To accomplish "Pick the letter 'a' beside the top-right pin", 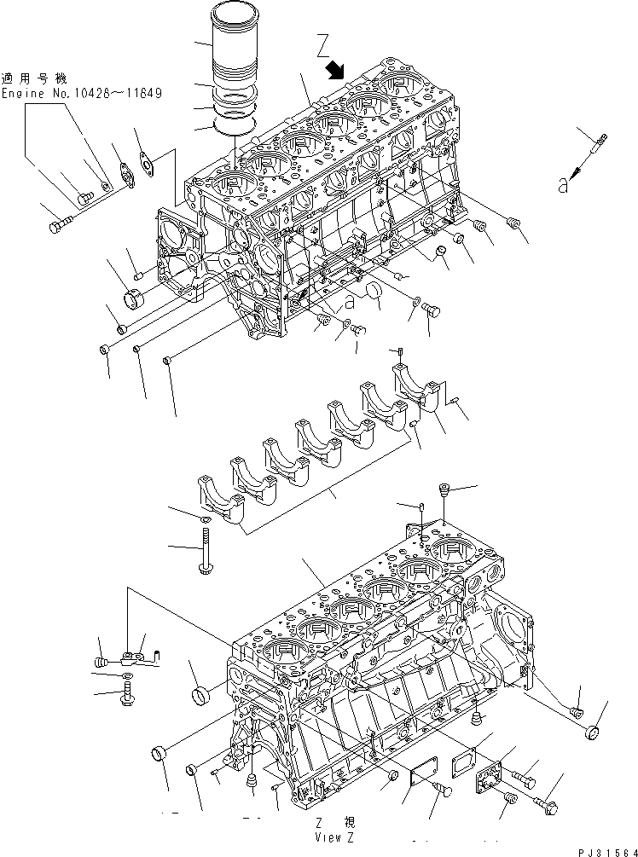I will (563, 183).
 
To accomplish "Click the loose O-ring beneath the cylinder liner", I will (235, 128).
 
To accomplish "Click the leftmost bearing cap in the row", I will (219, 502).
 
